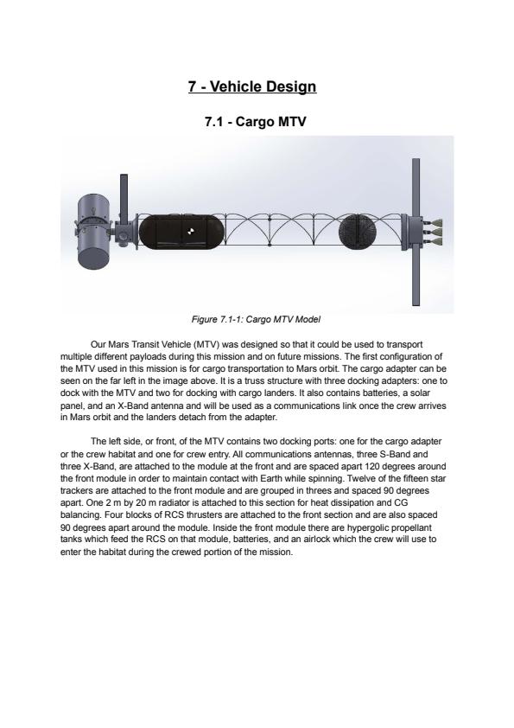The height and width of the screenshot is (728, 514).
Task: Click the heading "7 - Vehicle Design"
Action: tap(252, 86)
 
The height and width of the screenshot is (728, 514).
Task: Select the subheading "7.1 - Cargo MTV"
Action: tap(255, 122)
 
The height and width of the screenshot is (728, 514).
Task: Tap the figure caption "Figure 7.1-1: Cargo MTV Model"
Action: tap(256, 319)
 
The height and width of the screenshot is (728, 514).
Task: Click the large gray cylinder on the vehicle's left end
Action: tap(94, 231)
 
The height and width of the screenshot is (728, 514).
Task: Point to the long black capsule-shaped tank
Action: tap(181, 231)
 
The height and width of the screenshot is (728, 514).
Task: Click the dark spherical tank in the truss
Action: tap(358, 231)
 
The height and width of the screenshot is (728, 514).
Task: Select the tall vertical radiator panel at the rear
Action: tap(416, 232)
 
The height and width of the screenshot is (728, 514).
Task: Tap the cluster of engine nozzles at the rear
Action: tap(436, 231)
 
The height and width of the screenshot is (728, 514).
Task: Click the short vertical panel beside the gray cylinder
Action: tap(124, 200)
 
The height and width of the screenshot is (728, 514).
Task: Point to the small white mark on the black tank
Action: tap(191, 231)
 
